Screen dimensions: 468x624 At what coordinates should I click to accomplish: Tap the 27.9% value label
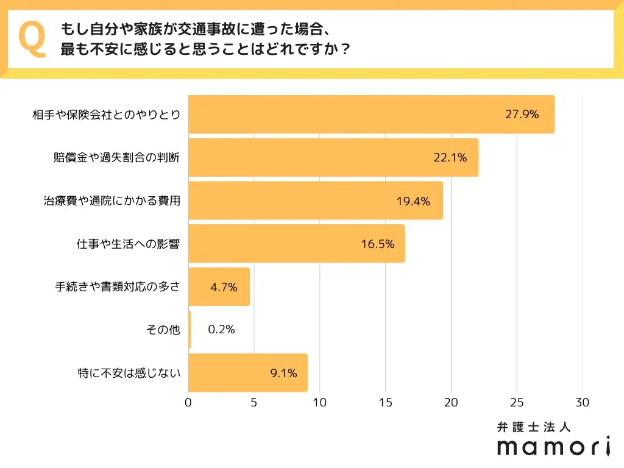[x=522, y=114]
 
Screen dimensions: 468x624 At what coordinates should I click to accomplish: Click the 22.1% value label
[x=450, y=157]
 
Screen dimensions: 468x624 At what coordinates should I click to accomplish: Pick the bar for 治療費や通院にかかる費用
[x=315, y=200]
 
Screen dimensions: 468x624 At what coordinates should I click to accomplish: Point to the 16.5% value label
[x=377, y=244]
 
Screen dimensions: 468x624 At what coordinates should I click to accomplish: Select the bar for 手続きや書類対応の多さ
[x=219, y=286]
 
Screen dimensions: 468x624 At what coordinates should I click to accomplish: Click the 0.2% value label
[x=221, y=330]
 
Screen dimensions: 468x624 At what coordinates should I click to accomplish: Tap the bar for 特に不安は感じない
[x=247, y=372]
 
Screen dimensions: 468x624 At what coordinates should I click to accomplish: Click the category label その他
[x=163, y=330]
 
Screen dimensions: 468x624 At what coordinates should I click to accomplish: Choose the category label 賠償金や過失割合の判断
[x=117, y=157]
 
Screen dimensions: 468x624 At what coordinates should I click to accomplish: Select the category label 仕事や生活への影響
[x=124, y=244]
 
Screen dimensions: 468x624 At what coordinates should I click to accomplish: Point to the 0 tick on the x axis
[x=188, y=402]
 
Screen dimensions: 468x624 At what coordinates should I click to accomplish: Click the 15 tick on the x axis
[x=385, y=402]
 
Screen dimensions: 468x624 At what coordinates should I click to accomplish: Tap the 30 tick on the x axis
[x=582, y=402]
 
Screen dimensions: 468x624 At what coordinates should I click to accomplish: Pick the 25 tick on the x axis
[x=517, y=402]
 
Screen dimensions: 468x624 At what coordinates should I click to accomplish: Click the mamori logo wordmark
[x=553, y=447]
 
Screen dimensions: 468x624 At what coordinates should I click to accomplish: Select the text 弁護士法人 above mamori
[x=534, y=427]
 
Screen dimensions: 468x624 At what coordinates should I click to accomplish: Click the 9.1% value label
[x=283, y=373]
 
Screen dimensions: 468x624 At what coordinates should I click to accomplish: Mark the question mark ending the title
[x=345, y=49]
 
